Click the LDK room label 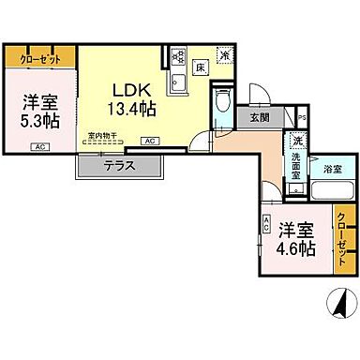click(131, 91)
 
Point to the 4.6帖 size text click(296, 250)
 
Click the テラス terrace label click(120, 165)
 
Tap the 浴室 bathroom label click(333, 170)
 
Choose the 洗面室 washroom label click(294, 165)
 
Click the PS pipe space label click(302, 117)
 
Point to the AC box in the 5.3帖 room click(39, 147)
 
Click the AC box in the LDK click(150, 142)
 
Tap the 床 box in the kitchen click(200, 68)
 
